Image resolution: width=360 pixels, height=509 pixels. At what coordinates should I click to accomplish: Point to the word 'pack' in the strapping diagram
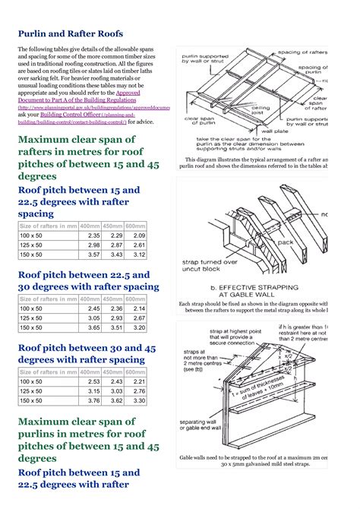pyautogui.click(x=286, y=244)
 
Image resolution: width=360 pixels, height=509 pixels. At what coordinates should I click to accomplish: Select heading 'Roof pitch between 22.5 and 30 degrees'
pyautogui.click(x=88, y=280)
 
